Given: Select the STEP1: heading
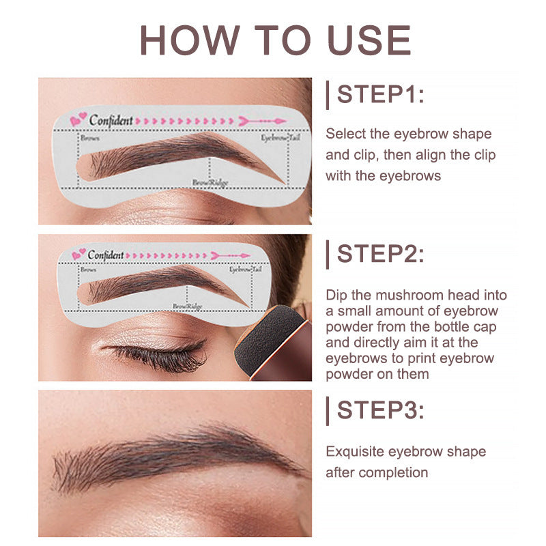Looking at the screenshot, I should tap(380, 94).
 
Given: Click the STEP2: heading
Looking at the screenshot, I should tap(380, 254).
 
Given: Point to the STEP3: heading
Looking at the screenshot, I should tap(380, 411).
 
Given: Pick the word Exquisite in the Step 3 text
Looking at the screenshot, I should tap(356, 452).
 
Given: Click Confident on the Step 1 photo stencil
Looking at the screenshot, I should tap(111, 120).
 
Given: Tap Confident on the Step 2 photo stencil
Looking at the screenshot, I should tap(105, 255).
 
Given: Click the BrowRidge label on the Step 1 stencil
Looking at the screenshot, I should tap(208, 183).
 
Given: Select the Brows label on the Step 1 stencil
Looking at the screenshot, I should tap(90, 138).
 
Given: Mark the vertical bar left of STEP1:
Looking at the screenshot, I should tap(328, 94).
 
